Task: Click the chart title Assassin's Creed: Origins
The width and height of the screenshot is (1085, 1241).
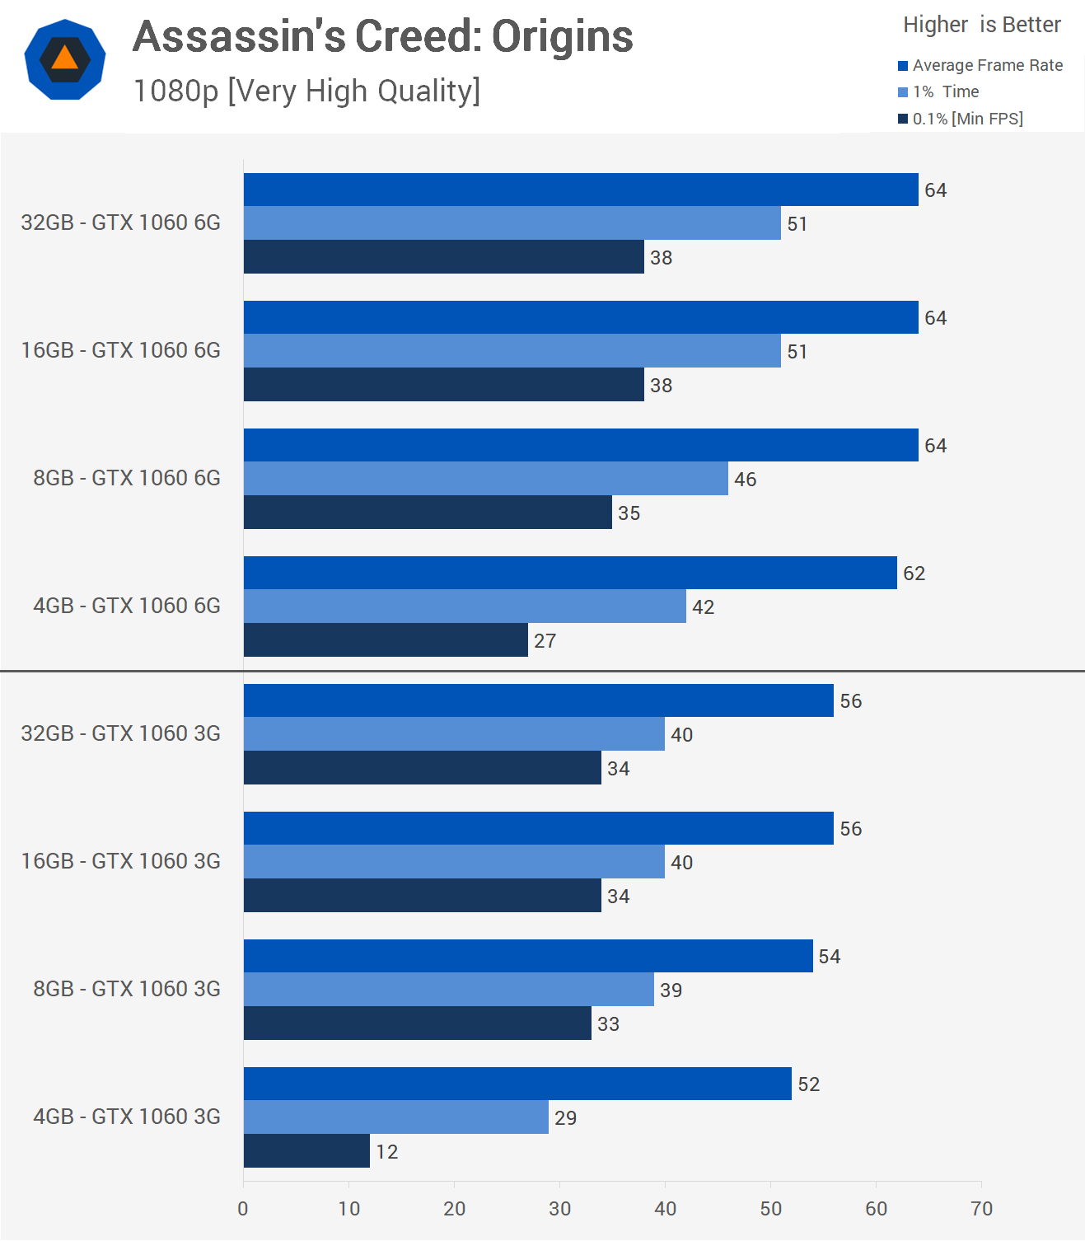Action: [382, 37]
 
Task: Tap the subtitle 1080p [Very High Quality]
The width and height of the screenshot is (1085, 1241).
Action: [306, 91]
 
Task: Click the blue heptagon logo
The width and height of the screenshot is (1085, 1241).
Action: [65, 59]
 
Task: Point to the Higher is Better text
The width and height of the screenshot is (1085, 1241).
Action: [981, 25]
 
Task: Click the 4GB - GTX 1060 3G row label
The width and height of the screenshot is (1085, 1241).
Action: [127, 1117]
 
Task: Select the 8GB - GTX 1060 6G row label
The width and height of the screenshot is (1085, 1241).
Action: [127, 478]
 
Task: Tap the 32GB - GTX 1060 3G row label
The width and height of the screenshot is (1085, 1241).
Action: [121, 733]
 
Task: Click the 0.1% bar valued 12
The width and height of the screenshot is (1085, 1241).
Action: [306, 1151]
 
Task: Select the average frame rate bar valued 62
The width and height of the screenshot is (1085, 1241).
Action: [570, 573]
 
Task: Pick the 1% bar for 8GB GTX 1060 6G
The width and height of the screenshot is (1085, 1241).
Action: [486, 479]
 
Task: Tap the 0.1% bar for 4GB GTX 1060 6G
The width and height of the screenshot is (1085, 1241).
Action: [386, 640]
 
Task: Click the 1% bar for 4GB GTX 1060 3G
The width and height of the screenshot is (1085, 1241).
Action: [396, 1117]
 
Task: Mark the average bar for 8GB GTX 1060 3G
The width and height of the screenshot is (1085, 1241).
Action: [528, 956]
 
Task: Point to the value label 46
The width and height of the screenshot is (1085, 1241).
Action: [745, 480]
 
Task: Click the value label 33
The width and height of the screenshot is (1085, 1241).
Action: [608, 1024]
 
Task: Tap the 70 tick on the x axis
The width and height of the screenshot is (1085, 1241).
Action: [981, 1209]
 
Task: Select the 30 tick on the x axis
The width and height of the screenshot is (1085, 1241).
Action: [559, 1209]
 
